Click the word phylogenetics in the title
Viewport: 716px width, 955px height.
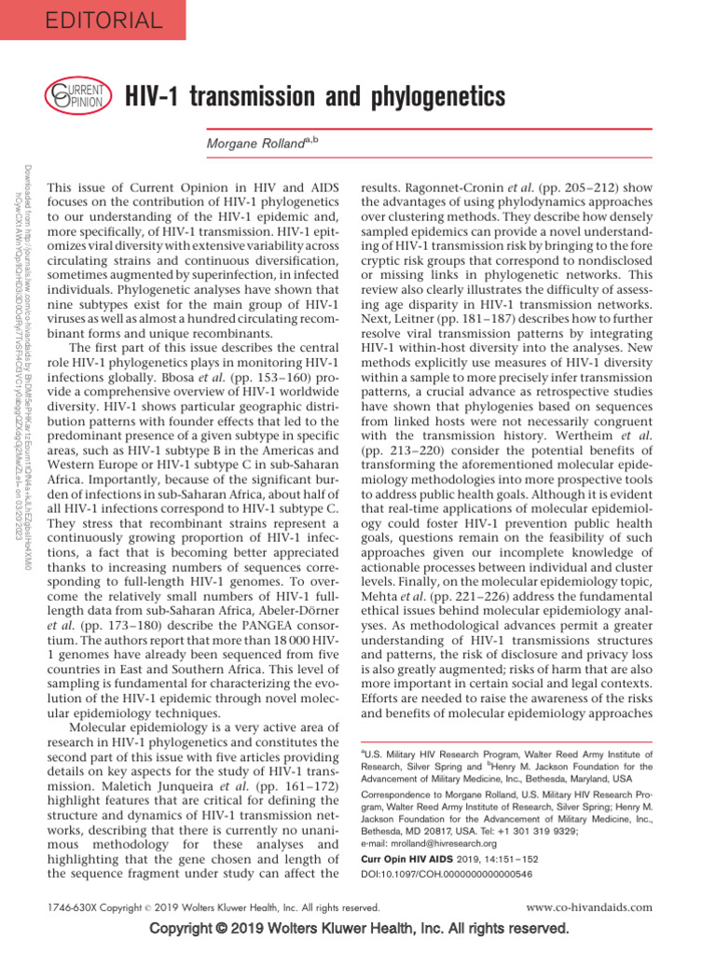(431, 96)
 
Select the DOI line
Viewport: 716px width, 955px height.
(447, 874)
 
